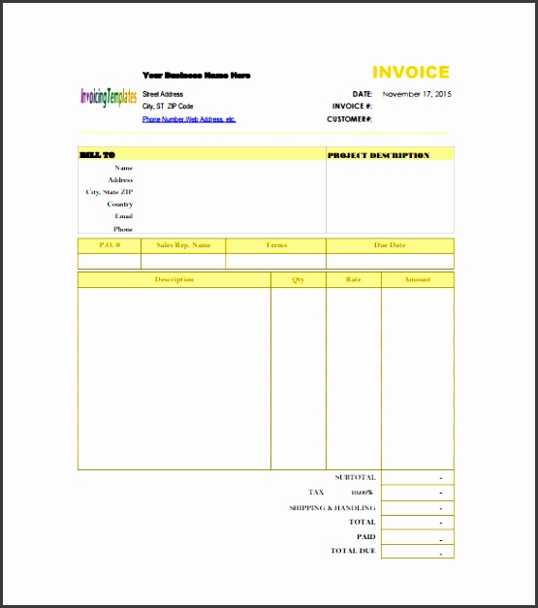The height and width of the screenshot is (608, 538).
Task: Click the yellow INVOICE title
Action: tap(411, 73)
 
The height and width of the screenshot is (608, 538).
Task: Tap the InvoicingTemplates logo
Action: tap(109, 98)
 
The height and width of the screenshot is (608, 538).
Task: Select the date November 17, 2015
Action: tap(417, 94)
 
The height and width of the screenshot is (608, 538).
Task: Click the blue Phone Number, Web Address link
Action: tap(189, 119)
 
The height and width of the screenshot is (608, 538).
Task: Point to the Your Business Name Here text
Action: tap(196, 75)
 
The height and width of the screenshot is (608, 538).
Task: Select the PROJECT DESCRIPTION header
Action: tap(378, 155)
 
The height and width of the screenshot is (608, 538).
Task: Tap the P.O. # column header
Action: tap(110, 245)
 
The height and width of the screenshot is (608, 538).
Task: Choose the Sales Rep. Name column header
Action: tap(183, 245)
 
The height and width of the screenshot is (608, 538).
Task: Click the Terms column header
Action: tap(276, 245)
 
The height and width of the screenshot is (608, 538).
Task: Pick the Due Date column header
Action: tap(390, 245)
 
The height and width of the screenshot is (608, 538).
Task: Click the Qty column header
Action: tap(298, 279)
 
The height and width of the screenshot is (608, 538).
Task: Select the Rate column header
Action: tap(353, 279)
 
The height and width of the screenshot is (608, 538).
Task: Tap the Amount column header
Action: tap(417, 279)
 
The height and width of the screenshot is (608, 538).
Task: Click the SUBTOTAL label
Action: tap(355, 477)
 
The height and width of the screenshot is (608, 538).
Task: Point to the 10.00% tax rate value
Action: tap(361, 493)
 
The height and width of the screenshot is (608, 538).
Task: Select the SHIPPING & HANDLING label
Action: tap(332, 507)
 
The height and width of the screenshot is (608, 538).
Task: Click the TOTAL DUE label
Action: tap(353, 551)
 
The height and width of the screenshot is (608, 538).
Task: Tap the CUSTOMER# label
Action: tap(350, 119)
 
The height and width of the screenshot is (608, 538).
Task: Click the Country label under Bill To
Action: tap(120, 205)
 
